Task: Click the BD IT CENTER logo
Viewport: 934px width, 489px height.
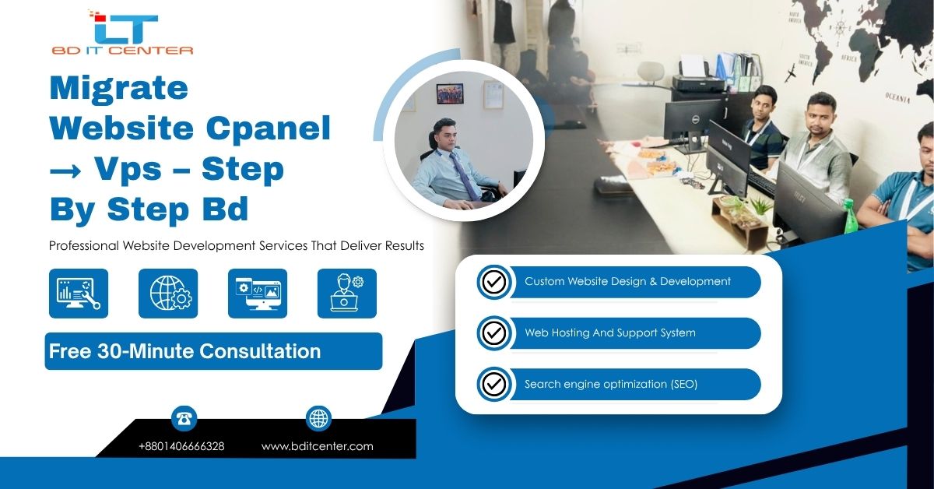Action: tap(122, 33)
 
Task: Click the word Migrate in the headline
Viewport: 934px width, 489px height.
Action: tap(118, 88)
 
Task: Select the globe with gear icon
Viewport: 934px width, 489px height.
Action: tap(168, 294)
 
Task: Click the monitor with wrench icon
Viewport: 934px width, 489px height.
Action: tap(79, 294)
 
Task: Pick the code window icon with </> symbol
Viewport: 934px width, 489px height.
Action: tap(258, 294)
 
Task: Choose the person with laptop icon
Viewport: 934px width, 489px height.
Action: tap(347, 294)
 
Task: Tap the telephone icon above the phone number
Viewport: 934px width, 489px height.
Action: tap(184, 419)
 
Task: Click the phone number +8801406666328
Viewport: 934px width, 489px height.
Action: tap(181, 446)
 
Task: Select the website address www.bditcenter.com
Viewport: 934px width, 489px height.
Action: tap(317, 446)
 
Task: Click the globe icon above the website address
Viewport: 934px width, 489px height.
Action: tap(318, 419)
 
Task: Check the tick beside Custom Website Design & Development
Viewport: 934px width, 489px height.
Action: tap(493, 282)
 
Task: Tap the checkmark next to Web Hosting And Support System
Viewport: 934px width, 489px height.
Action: tap(493, 333)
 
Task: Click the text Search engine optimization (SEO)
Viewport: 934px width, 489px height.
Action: tap(610, 384)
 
